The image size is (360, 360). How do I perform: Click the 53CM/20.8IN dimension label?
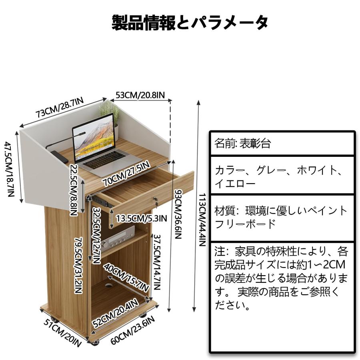(x=140, y=95)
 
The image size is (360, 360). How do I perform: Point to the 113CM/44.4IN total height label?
(x=202, y=220)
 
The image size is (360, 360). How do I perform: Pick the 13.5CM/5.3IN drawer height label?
(x=142, y=218)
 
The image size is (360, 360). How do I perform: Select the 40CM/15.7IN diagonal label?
(x=126, y=277)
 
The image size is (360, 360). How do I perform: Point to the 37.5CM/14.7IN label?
(x=157, y=262)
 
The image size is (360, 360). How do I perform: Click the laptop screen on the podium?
(x=94, y=137)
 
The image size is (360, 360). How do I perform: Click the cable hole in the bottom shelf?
(x=108, y=286)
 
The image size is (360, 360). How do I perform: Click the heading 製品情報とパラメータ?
(x=190, y=22)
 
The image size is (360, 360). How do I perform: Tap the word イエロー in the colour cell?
(x=235, y=184)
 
